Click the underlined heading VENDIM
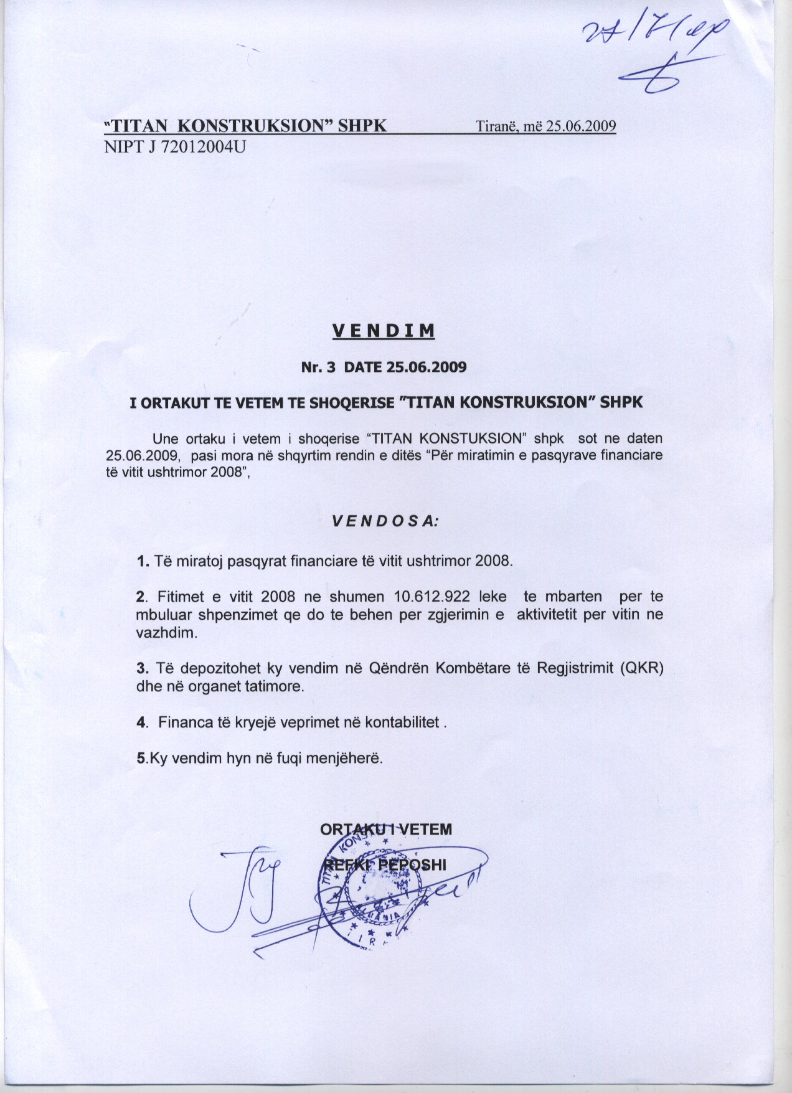pyautogui.click(x=383, y=330)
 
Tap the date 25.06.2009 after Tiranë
pyautogui.click(x=580, y=126)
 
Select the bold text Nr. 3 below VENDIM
pyautogui.click(x=318, y=367)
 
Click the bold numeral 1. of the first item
pyautogui.click(x=143, y=561)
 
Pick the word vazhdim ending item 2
pyautogui.click(x=166, y=633)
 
